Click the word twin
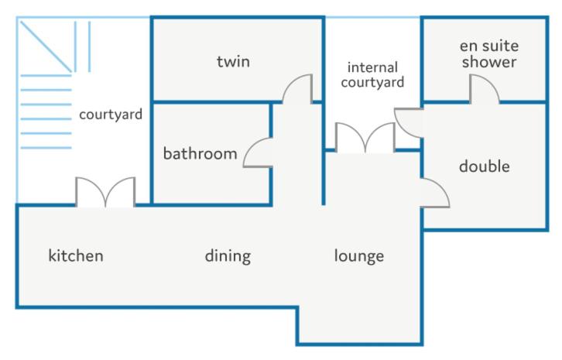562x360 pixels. [x=233, y=61]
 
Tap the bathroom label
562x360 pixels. [x=200, y=153]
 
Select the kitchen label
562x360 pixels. [x=76, y=255]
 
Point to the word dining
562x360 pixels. [x=228, y=257]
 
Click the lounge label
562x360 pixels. [x=358, y=257]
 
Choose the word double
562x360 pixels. [x=485, y=166]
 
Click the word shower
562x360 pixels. [x=489, y=62]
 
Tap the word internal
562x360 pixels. [x=372, y=67]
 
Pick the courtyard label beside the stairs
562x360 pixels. [x=111, y=115]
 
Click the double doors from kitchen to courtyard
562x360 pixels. [x=105, y=192]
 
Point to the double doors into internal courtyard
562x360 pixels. [x=365, y=137]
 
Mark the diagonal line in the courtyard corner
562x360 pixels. [x=46, y=46]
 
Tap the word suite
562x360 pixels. [x=501, y=46]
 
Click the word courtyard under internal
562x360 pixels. [x=372, y=83]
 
